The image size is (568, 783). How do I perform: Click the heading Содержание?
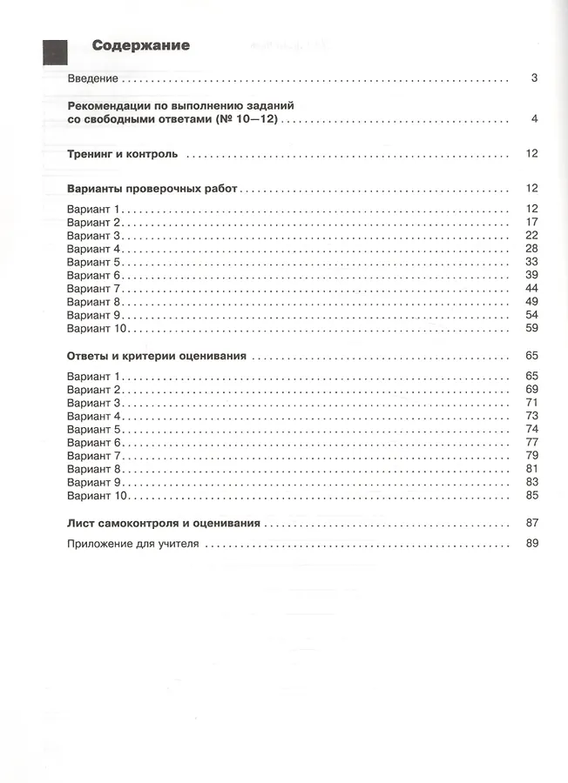(x=141, y=45)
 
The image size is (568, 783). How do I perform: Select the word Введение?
(x=93, y=78)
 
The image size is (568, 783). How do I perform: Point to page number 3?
(x=534, y=78)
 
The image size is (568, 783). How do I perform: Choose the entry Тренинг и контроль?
(x=122, y=154)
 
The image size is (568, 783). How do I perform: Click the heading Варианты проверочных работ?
(x=152, y=188)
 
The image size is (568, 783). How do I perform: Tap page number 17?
(x=532, y=222)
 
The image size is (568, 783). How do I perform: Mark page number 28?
(x=532, y=249)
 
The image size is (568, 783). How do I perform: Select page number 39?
(x=532, y=275)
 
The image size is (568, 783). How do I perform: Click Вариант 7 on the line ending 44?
(x=96, y=288)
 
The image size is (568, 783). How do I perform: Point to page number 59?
(x=532, y=328)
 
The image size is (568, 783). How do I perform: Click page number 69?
(x=532, y=389)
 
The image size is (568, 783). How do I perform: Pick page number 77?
(x=532, y=442)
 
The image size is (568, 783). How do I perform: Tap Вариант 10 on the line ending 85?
(x=98, y=495)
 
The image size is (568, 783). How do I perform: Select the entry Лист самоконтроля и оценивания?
(x=164, y=524)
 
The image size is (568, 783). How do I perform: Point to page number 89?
(x=532, y=544)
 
